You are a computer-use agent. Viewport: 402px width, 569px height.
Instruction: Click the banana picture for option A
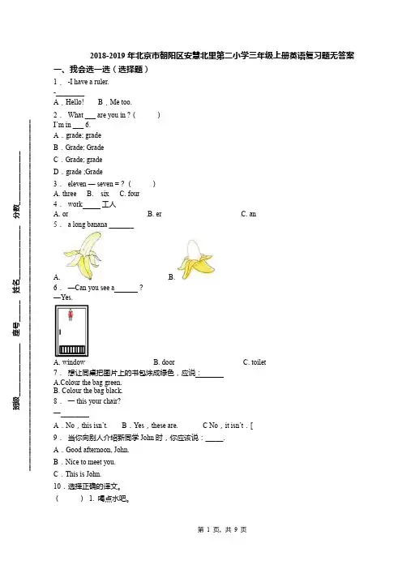(x=83, y=255)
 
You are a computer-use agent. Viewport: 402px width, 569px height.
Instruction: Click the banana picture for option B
(x=197, y=259)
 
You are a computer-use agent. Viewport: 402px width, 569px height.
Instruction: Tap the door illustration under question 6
(x=72, y=331)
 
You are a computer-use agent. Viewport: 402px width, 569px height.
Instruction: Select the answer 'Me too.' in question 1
(x=121, y=102)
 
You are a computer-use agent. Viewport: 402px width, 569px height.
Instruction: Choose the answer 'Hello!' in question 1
(x=75, y=102)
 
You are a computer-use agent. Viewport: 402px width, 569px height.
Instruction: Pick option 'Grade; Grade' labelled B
(x=84, y=148)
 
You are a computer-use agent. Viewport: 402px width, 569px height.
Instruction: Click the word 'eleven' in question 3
(x=77, y=184)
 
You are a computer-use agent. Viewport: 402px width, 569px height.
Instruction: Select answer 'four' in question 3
(x=134, y=194)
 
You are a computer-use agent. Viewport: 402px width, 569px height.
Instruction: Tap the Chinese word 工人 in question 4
(x=109, y=204)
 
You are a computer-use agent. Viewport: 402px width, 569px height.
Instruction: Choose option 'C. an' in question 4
(x=249, y=214)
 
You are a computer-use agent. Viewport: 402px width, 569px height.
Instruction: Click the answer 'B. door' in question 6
(x=164, y=362)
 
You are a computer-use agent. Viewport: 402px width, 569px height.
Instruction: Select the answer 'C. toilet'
(x=254, y=362)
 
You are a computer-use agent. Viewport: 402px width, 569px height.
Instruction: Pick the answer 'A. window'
(x=70, y=362)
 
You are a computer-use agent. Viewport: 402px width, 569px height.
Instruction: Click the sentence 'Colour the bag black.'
(x=92, y=391)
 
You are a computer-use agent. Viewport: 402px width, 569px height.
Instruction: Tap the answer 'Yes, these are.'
(x=156, y=426)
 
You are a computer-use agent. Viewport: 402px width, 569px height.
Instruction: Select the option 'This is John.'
(x=83, y=474)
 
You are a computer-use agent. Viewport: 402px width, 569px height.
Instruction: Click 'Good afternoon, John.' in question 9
(x=97, y=450)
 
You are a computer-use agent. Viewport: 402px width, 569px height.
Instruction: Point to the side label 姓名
(x=16, y=286)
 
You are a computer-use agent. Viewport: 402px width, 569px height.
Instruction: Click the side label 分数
(x=16, y=211)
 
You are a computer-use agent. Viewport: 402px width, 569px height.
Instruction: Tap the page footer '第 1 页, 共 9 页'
(x=222, y=530)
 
